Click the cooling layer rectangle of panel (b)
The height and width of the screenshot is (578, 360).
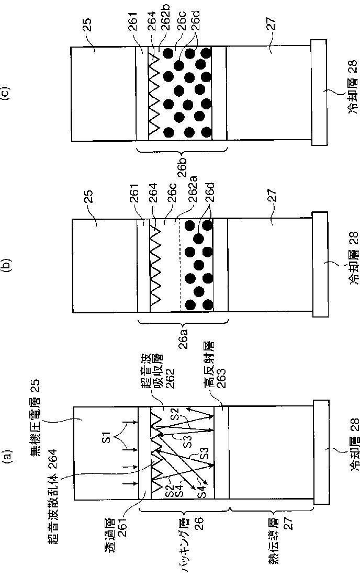point(320,266)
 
